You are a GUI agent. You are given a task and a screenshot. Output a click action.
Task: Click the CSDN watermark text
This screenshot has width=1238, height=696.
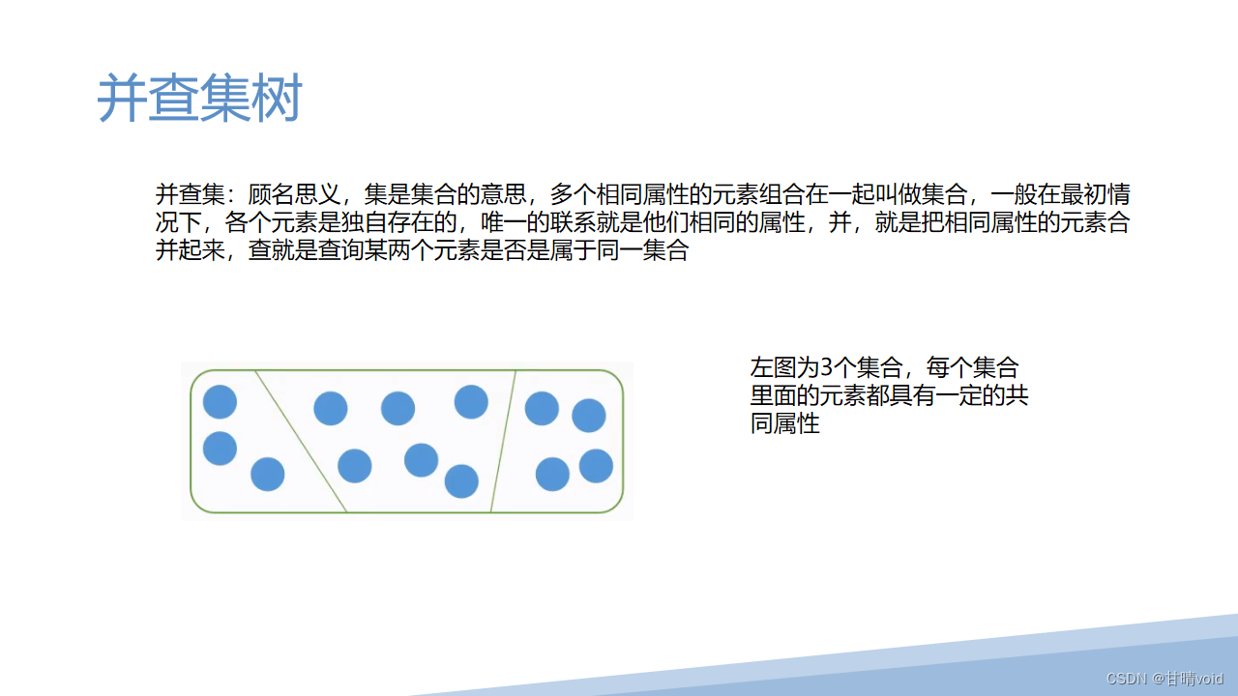(x=1164, y=678)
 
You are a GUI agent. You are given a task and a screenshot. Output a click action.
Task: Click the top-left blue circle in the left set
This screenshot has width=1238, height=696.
(x=220, y=401)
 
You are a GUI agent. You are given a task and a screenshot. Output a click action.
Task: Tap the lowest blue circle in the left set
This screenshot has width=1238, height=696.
(x=267, y=474)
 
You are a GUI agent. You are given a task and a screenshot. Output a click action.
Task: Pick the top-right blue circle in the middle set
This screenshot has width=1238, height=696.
(x=471, y=401)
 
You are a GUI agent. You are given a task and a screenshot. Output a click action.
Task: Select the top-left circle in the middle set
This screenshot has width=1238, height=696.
(x=331, y=408)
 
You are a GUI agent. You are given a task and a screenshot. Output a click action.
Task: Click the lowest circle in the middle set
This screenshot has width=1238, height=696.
(x=461, y=480)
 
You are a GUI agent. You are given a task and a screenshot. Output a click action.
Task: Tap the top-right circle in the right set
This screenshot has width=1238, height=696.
(x=588, y=415)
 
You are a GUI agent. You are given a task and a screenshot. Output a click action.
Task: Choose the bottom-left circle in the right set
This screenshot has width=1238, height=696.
(x=552, y=474)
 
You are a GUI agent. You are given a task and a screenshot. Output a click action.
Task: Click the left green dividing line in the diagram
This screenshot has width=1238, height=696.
(x=301, y=441)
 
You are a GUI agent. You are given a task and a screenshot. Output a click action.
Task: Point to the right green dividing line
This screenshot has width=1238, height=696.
(x=503, y=441)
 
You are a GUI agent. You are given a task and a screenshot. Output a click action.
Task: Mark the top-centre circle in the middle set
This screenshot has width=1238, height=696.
(x=398, y=408)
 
